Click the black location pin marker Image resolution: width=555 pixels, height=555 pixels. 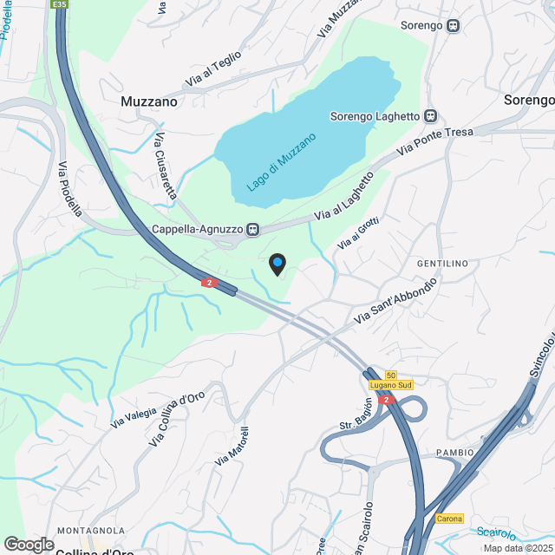(277, 264)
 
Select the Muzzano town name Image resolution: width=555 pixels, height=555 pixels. (149, 101)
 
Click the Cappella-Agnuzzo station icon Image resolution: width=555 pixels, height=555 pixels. (252, 230)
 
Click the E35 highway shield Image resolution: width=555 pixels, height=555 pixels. (59, 4)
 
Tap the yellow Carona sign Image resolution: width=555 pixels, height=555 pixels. (449, 519)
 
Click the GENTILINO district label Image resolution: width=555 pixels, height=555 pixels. (442, 263)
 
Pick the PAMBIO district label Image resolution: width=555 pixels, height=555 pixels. (455, 453)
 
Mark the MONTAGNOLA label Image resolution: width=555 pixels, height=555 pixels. (91, 530)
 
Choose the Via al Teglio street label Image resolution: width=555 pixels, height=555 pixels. (212, 69)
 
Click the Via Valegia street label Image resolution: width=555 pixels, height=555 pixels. (134, 417)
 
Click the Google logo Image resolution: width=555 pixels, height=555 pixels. (29, 544)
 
